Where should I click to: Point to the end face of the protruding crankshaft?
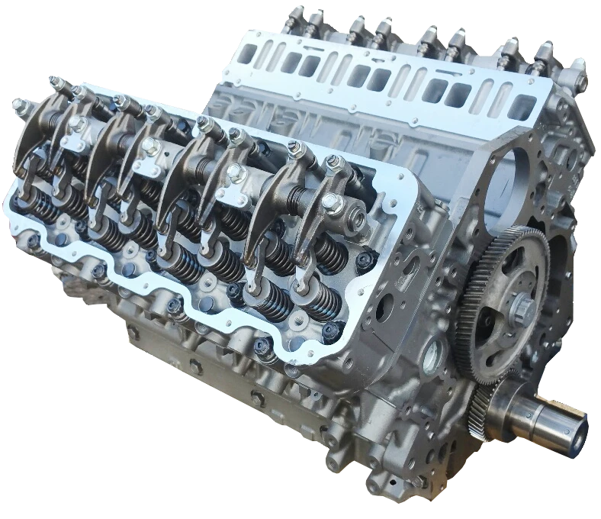click(578, 432)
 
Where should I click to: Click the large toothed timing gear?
click(500, 305)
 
